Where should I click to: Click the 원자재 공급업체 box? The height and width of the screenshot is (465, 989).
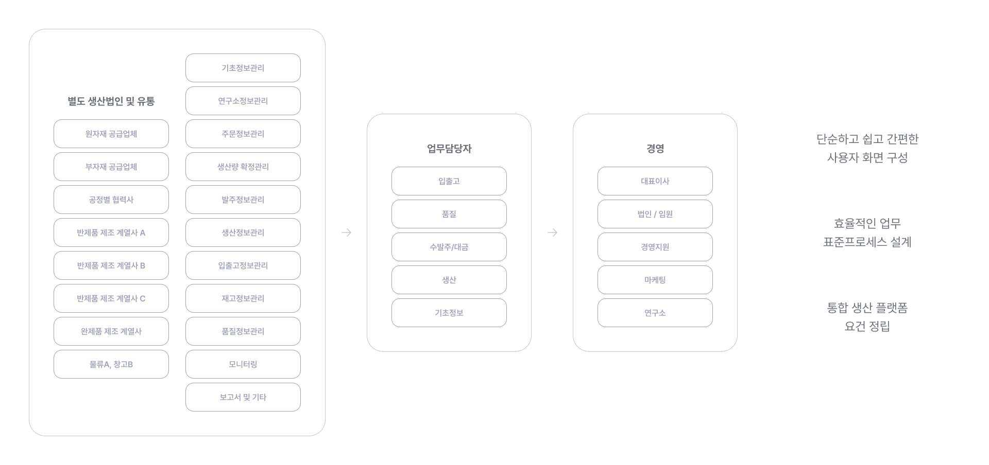[x=111, y=134]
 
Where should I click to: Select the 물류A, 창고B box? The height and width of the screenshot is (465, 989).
[x=111, y=364]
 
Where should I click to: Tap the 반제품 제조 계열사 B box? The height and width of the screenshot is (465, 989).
[x=111, y=265]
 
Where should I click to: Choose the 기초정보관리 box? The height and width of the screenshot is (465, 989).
[x=243, y=68]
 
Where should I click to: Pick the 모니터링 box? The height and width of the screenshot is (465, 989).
[x=243, y=364]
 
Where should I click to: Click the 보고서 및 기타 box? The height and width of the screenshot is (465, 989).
[x=243, y=397]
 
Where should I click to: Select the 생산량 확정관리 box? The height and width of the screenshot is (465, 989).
[x=243, y=167]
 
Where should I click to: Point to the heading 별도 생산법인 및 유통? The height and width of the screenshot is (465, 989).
[x=111, y=101]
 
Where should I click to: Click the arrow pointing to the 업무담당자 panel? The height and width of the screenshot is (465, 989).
[x=346, y=233]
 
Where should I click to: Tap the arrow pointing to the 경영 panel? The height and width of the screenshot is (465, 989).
[x=552, y=233]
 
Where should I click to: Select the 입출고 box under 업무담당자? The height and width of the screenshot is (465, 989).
[x=449, y=181]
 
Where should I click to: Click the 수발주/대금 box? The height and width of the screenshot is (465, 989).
[x=449, y=247]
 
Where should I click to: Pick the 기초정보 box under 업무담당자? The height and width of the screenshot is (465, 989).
[x=449, y=313]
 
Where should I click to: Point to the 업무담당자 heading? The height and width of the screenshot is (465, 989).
[x=449, y=149]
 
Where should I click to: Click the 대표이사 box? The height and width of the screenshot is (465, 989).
[x=655, y=181]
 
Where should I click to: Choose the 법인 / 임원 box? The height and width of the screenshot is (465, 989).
[x=655, y=214]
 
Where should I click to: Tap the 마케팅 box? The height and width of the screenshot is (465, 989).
[x=655, y=280]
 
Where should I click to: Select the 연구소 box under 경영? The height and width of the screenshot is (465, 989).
[x=655, y=313]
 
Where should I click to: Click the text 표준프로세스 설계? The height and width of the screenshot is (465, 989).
[x=867, y=242]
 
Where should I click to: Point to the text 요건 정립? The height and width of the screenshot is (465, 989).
[x=867, y=326]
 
